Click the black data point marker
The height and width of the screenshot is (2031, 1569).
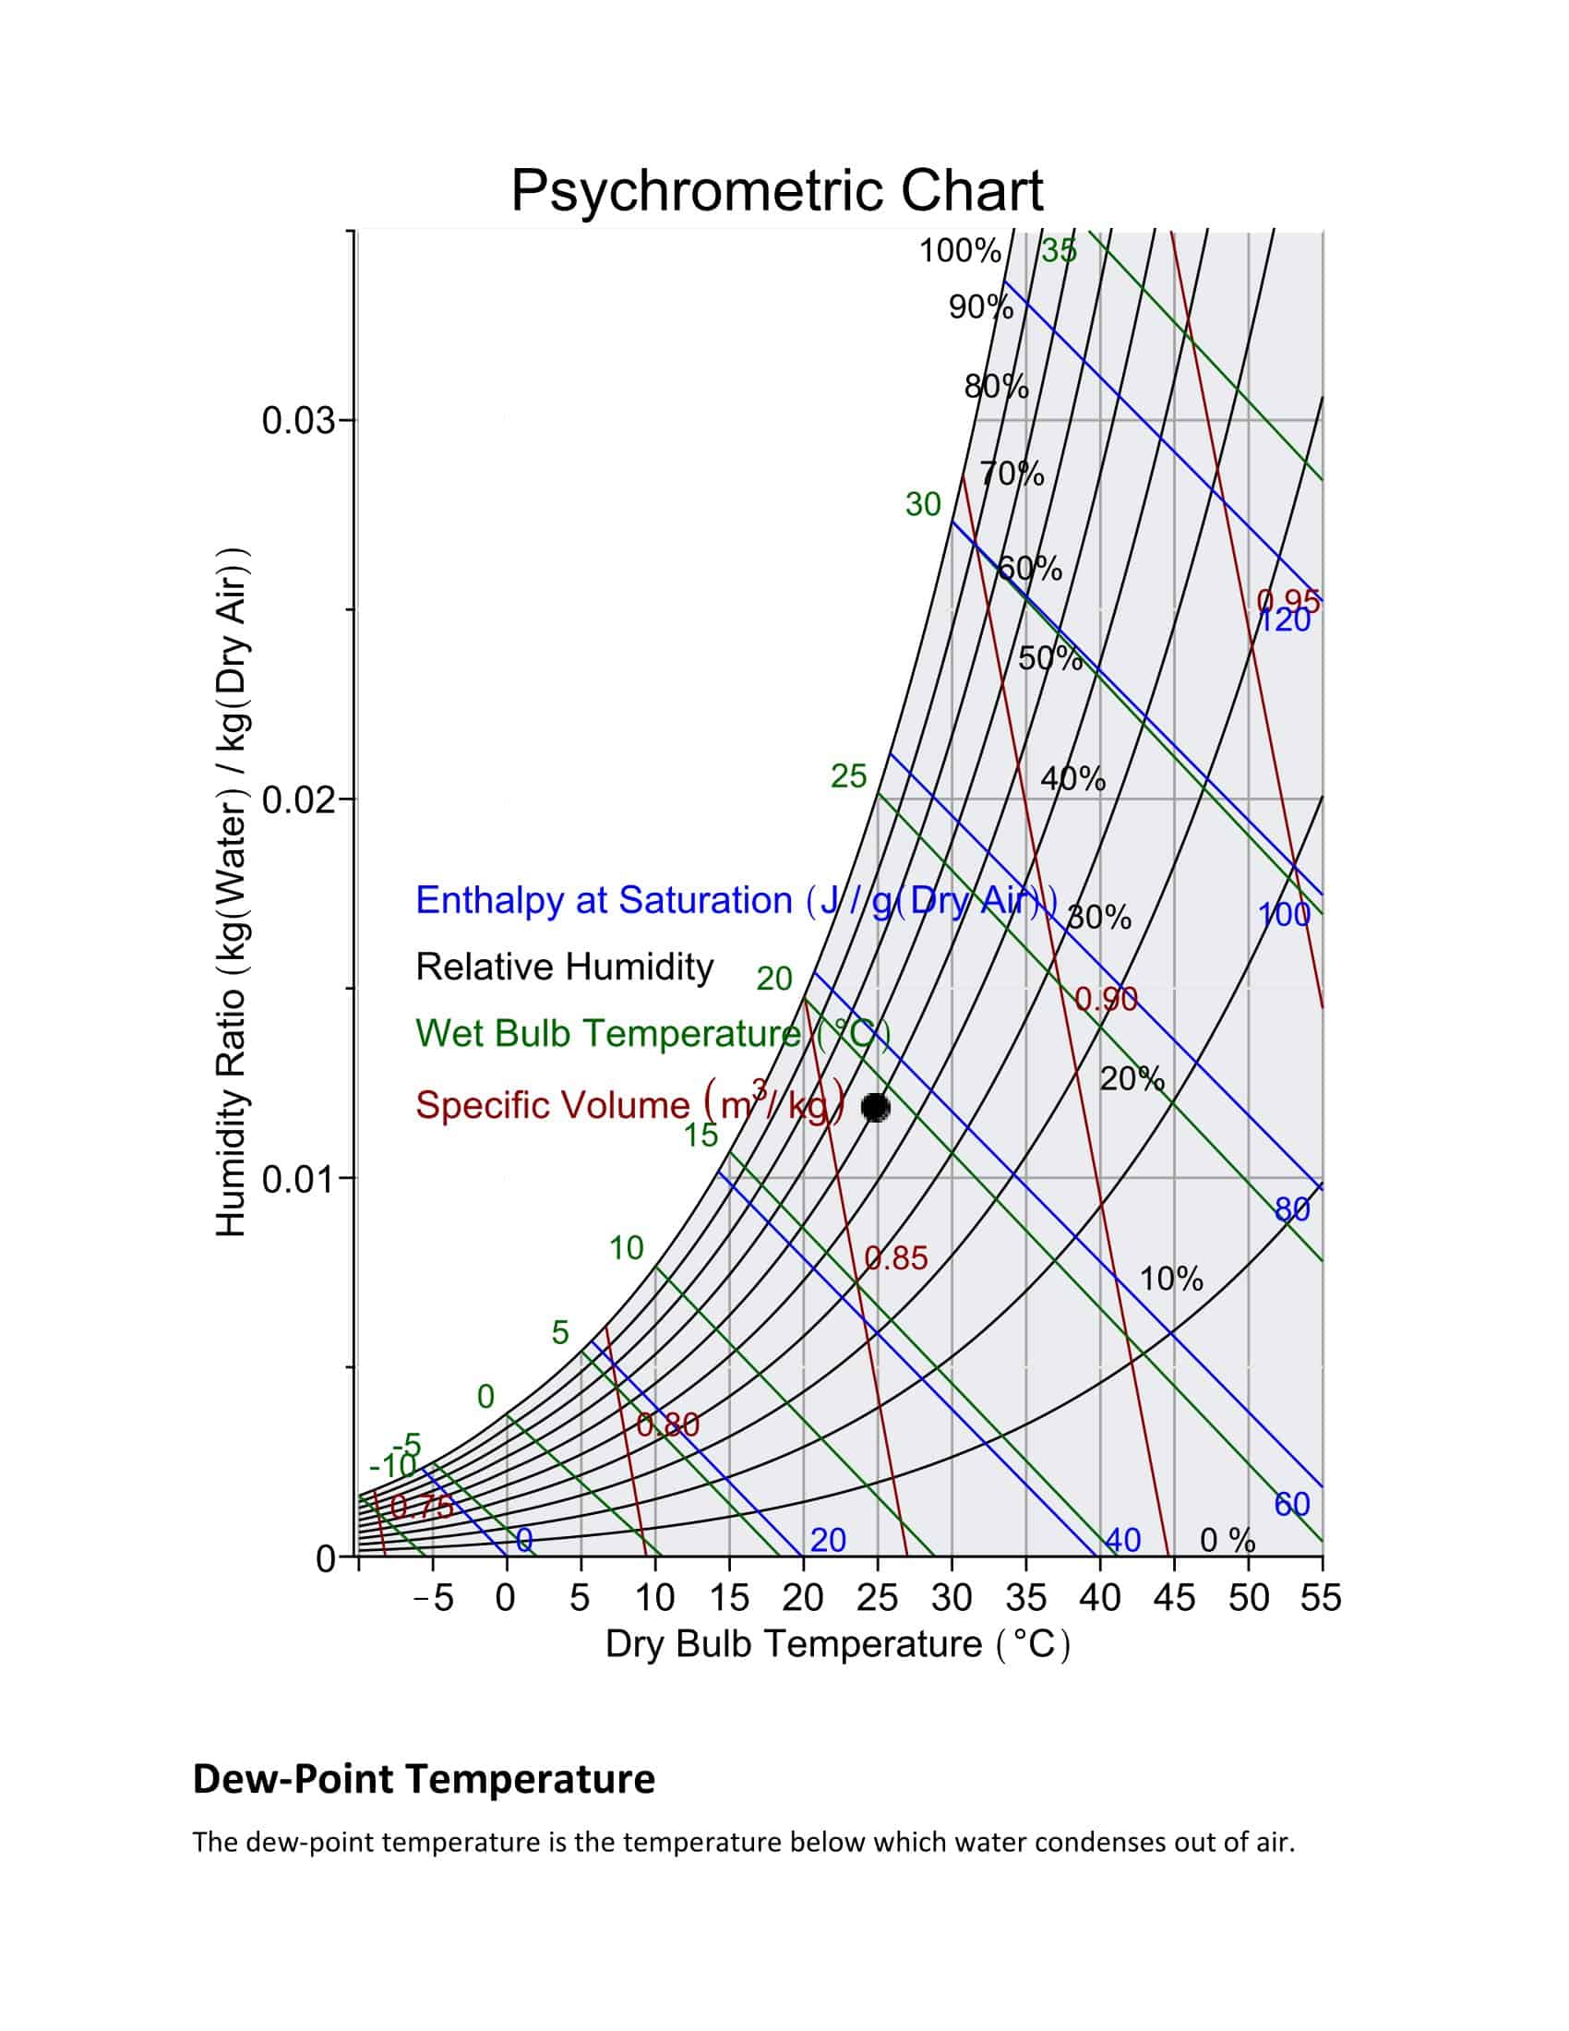point(876,1107)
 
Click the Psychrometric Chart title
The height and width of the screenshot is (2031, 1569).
point(777,191)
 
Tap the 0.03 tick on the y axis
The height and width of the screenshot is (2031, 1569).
point(297,420)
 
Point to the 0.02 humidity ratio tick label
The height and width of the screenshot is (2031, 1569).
point(297,799)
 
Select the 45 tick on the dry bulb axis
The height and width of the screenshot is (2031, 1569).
point(1174,1598)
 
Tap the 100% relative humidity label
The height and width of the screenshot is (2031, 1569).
point(960,251)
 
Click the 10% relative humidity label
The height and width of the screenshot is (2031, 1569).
point(1171,1280)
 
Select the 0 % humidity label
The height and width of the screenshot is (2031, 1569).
point(1227,1541)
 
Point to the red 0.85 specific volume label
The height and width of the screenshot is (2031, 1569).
point(896,1258)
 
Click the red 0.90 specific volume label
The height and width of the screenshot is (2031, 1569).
point(1106,999)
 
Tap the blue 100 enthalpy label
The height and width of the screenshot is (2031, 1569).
point(1284,915)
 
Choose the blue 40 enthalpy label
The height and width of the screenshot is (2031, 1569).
point(1123,1540)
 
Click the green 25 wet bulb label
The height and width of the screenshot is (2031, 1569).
point(847,775)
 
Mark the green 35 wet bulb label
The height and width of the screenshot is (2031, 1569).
point(1059,251)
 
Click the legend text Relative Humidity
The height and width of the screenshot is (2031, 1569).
point(564,967)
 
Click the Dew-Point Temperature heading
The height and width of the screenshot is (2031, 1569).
point(424,1779)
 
